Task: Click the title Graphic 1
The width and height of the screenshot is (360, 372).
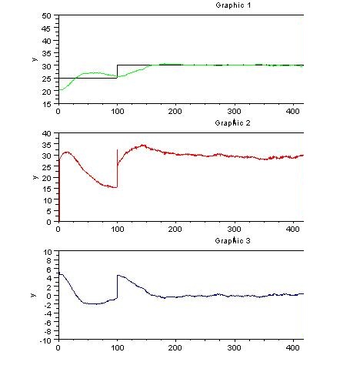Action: (x=233, y=5)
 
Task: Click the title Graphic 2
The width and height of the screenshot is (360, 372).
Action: (x=233, y=122)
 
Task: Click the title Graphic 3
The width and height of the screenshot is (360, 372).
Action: (x=233, y=241)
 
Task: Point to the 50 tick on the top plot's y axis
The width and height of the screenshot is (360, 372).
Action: (x=48, y=16)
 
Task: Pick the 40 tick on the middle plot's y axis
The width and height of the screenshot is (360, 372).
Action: (x=48, y=134)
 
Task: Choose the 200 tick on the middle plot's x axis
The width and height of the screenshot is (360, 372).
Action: (x=176, y=230)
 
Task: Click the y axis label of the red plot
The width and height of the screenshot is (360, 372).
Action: (x=34, y=178)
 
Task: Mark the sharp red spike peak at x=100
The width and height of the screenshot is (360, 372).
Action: (x=117, y=149)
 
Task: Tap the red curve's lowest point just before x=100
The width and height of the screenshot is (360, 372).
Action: (x=115, y=187)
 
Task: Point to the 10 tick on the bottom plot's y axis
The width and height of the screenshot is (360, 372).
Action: (x=48, y=252)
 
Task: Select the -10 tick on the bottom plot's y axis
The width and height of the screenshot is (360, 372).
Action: (x=47, y=340)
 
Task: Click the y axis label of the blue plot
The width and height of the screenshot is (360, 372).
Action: (x=34, y=296)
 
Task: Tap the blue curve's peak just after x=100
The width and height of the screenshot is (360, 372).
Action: (x=118, y=275)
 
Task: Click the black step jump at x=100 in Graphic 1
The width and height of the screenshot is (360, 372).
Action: (x=117, y=71)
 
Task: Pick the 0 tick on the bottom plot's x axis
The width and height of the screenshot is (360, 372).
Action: (x=58, y=348)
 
